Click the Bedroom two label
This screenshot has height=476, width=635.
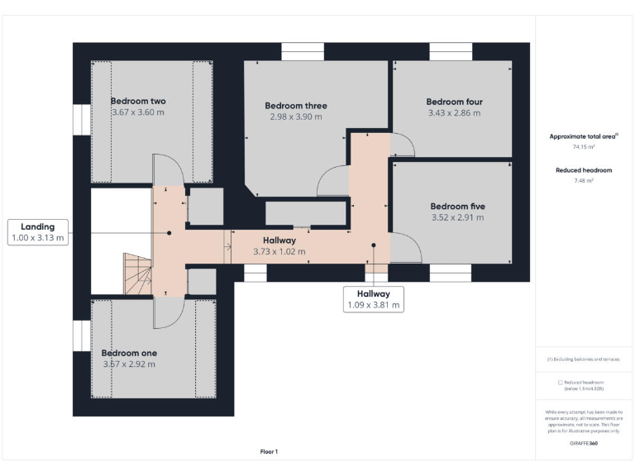pos(138,101)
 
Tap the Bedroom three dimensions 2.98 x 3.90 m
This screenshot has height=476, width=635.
pos(296,117)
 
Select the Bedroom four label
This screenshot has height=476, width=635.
pos(456,102)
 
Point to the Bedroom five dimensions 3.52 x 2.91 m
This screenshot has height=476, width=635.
pos(457,218)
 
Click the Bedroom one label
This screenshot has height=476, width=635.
pos(129,353)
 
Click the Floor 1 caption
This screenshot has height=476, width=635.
pos(269,451)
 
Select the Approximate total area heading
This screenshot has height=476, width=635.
pos(584,136)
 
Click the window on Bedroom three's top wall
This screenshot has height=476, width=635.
pos(303,51)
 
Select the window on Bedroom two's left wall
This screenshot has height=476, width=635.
pos(80,119)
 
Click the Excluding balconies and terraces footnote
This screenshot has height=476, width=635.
pos(584,359)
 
